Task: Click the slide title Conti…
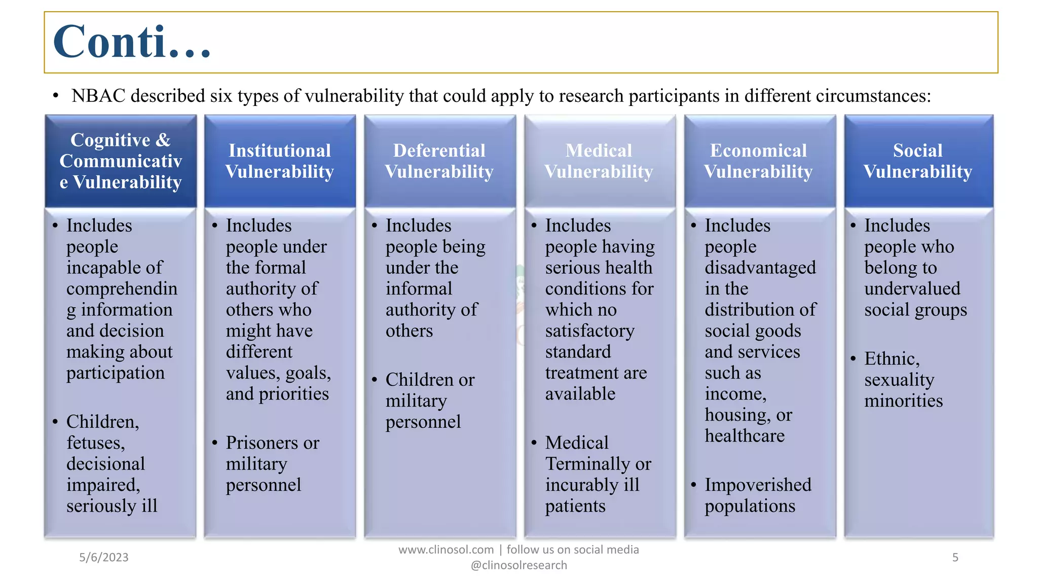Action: (x=132, y=42)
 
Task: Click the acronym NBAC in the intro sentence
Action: (x=98, y=96)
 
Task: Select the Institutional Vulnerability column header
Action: (x=280, y=161)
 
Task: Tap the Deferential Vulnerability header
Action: (x=439, y=161)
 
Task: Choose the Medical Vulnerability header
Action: (x=599, y=161)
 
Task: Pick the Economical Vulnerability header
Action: (x=759, y=161)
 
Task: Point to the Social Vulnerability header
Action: (x=918, y=161)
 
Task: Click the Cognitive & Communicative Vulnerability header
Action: (x=121, y=161)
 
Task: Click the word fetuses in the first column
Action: (x=95, y=443)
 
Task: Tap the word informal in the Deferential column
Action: (x=419, y=289)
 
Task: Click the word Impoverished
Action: (x=758, y=485)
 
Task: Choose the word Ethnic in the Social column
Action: (x=892, y=359)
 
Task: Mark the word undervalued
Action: (x=912, y=289)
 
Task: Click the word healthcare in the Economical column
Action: (x=745, y=436)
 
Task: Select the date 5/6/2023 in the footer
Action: (x=104, y=558)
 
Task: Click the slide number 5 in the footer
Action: (x=955, y=558)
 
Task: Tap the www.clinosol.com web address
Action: (x=446, y=550)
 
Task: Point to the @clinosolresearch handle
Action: (x=519, y=566)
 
